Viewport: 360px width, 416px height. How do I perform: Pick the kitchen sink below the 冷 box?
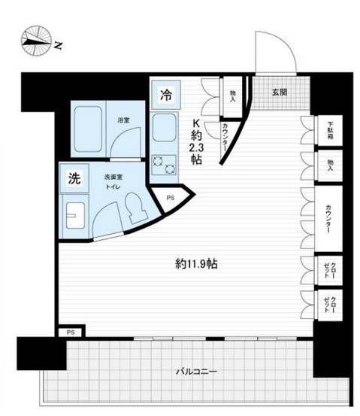pyautogui.click(x=163, y=129)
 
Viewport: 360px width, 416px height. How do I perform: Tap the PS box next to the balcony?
pyautogui.click(x=71, y=331)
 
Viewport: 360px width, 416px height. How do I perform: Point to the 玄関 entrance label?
pyautogui.click(x=279, y=92)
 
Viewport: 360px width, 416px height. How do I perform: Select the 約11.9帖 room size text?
pyautogui.click(x=197, y=264)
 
